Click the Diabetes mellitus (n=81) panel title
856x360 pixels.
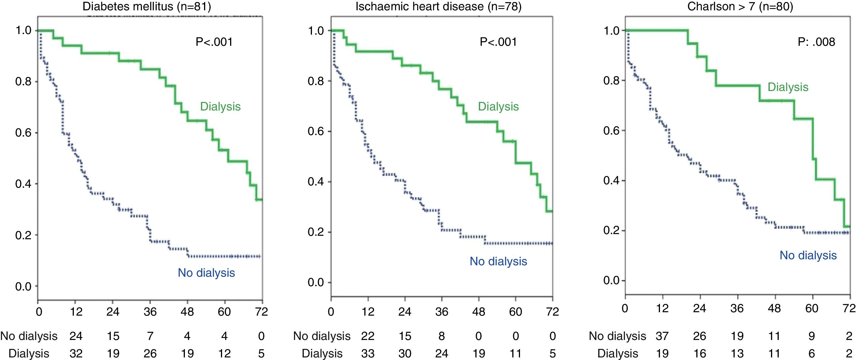coord(147,6)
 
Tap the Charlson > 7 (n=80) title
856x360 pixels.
coord(740,6)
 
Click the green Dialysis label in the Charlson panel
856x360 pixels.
coord(788,87)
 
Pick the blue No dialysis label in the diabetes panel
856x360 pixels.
coord(206,273)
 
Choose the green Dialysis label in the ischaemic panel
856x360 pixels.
coord(498,106)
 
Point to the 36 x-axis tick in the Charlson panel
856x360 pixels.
coord(737,308)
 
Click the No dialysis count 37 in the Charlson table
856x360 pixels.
coord(662,336)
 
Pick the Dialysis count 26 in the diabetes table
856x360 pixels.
coord(150,353)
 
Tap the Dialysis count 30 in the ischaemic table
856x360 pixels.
coord(405,353)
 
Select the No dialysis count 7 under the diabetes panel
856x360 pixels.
coord(150,336)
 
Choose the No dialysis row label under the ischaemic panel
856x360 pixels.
coord(322,336)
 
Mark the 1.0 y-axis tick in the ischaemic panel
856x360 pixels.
coord(316,31)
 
